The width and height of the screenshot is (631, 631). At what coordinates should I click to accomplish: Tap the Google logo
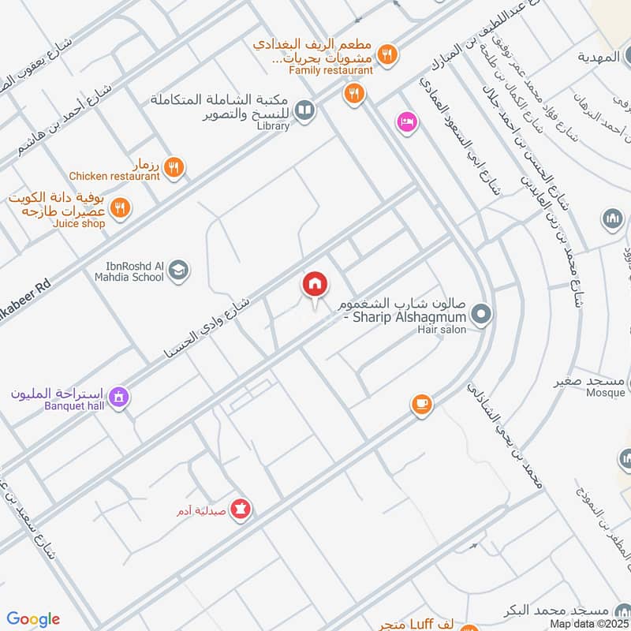[34, 619]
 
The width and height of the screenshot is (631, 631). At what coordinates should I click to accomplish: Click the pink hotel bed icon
[407, 122]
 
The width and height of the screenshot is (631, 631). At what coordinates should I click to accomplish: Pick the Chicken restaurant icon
[174, 166]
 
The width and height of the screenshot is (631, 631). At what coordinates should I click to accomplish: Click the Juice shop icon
[120, 207]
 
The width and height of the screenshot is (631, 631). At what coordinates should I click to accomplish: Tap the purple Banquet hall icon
[118, 396]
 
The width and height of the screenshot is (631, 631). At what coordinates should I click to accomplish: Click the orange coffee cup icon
[421, 405]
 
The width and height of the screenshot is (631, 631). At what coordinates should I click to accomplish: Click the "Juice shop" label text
[79, 224]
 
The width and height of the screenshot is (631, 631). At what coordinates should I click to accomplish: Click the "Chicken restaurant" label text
[114, 177]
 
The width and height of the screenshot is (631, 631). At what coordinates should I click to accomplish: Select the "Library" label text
[273, 126]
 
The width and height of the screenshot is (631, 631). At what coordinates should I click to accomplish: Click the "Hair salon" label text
[442, 330]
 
